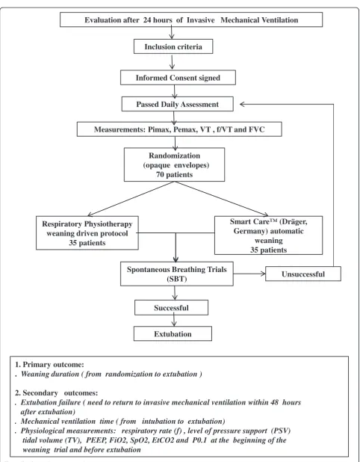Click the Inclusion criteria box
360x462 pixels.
173,46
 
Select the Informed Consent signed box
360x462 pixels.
178,78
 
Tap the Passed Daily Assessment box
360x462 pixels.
178,104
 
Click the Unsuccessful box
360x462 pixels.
303,274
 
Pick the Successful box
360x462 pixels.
171,307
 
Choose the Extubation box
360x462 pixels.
173,333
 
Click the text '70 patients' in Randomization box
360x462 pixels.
175,174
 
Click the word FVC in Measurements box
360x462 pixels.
257,129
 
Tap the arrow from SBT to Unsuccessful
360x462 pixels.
249,274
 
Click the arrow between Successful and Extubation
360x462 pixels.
174,321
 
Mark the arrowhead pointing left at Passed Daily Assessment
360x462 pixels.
243,104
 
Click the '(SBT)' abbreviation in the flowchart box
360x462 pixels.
176,279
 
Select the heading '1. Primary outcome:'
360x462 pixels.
49,365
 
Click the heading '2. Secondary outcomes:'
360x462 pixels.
57,392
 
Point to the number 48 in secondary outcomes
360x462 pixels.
274,402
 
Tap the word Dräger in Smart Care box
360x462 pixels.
294,221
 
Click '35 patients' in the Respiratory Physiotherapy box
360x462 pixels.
87,243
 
